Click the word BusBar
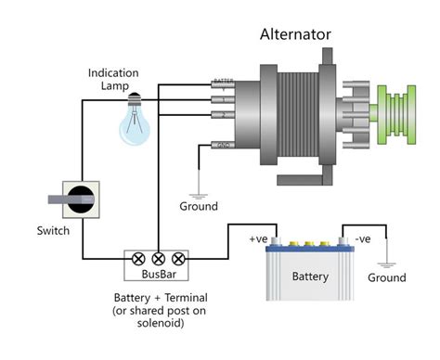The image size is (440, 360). (158, 275)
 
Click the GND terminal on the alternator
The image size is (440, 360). (224, 145)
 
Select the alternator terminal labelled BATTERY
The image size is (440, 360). (223, 84)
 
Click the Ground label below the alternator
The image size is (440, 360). (197, 206)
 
